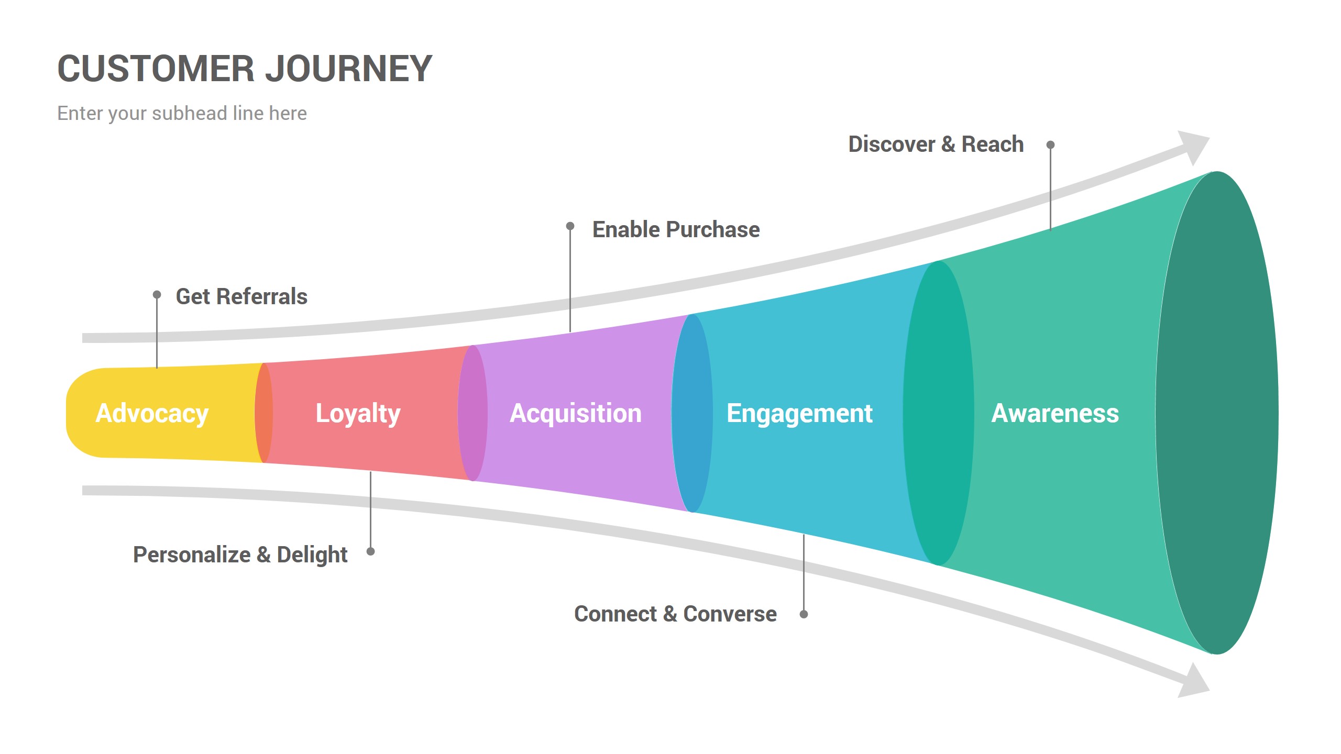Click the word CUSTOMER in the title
[156, 69]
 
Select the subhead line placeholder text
[182, 113]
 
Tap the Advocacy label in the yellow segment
[152, 413]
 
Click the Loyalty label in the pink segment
[358, 413]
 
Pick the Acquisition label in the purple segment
[575, 413]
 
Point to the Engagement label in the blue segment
[799, 413]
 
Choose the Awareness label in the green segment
[1055, 413]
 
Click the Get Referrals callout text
[241, 296]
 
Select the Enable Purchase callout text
[676, 229]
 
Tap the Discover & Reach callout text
[936, 144]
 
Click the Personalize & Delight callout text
[240, 555]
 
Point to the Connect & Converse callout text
[675, 614]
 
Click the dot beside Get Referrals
[157, 295]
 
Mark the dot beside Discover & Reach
[1050, 145]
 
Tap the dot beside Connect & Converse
[804, 614]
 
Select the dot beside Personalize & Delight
[370, 551]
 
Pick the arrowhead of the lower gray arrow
[1194, 681]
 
